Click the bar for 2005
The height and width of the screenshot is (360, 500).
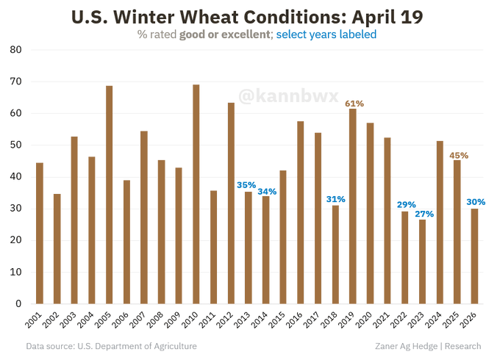110,195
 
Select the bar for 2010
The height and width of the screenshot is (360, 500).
196,194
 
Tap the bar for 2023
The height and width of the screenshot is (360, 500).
422,262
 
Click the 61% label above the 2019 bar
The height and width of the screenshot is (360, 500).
354,104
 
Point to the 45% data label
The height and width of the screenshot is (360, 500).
458,155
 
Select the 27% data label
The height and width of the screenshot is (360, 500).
424,214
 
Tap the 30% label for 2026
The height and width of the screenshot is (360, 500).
475,202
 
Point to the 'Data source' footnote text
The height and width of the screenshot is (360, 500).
111,346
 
